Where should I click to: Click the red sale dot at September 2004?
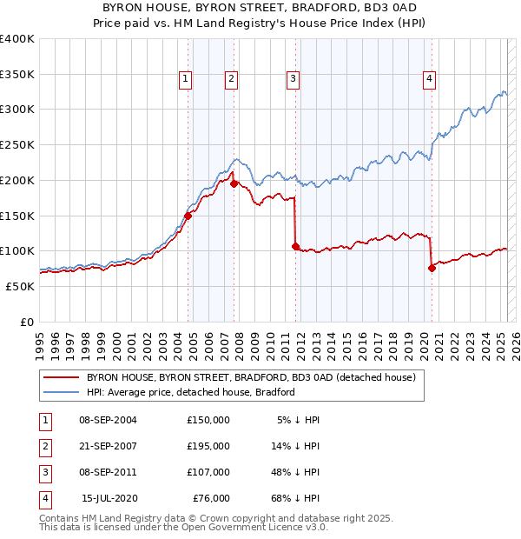tap(188, 216)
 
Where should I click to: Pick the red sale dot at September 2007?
tap(234, 183)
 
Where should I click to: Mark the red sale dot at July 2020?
tap(432, 268)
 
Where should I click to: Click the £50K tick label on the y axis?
tap(20, 286)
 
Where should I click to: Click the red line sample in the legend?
tap(61, 377)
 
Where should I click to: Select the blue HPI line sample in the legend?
tap(61, 392)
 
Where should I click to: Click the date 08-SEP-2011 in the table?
tap(108, 473)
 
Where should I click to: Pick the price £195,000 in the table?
tap(208, 446)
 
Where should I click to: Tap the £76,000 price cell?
tap(211, 499)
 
